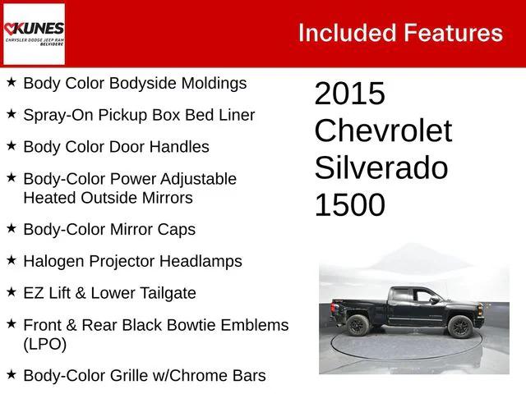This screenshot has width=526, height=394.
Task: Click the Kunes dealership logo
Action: coord(34,34)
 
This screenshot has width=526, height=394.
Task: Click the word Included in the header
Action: coord(345,33)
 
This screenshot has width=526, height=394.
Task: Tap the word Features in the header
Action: coord(453,33)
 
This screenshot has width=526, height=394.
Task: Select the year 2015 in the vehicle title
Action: coord(349,94)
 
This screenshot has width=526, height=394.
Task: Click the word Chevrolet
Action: coord(383,131)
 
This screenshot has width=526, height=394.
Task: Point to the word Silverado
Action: coord(381,168)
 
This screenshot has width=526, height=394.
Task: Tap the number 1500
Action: coord(349,205)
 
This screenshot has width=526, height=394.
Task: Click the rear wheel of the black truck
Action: coord(358,326)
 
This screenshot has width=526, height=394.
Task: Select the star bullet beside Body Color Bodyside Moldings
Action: coord(11,82)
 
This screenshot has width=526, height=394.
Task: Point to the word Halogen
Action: coord(54,261)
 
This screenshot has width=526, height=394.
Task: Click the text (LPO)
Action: coord(45,344)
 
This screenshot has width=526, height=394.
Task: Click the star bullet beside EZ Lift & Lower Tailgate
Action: coord(11,291)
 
